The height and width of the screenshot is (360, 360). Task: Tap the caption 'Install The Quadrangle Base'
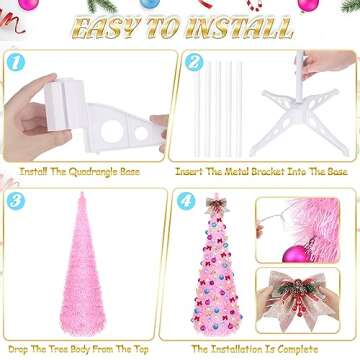(89, 172)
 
